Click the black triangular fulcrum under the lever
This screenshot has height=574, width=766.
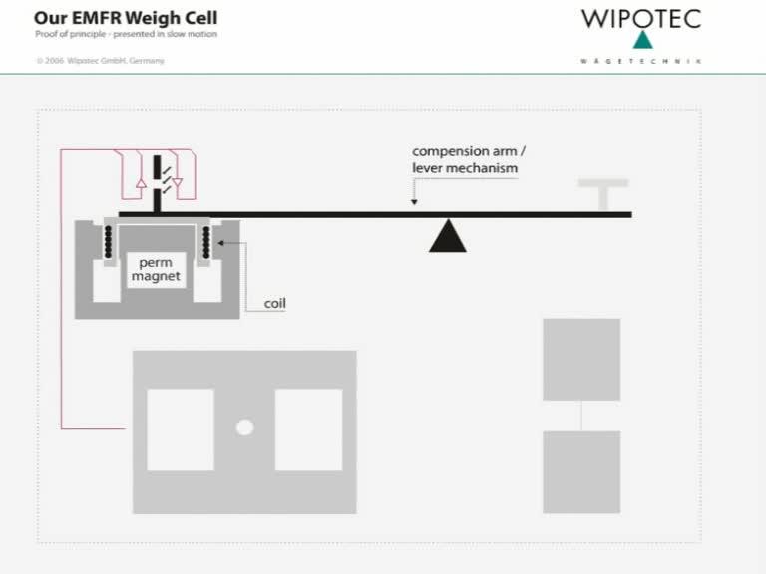click(x=448, y=237)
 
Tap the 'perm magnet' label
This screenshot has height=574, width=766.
click(x=155, y=269)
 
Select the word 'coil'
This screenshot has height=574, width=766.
click(x=274, y=303)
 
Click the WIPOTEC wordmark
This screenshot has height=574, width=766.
click(x=641, y=18)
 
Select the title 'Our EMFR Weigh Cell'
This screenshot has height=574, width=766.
click(x=126, y=18)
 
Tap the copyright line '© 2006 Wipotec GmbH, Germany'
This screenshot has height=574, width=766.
click(x=100, y=61)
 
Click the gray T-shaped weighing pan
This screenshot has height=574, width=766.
click(x=603, y=193)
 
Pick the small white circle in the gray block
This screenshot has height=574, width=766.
click(x=244, y=428)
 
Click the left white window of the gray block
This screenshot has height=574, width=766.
click(x=181, y=430)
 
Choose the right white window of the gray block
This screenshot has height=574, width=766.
click(x=308, y=430)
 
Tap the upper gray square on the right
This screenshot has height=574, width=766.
click(x=581, y=359)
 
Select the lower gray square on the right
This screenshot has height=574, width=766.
click(x=581, y=471)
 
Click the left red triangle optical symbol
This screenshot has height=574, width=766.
click(x=141, y=183)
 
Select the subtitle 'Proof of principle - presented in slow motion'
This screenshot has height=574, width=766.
click(x=126, y=34)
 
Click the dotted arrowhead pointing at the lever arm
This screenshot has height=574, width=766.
click(x=413, y=203)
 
